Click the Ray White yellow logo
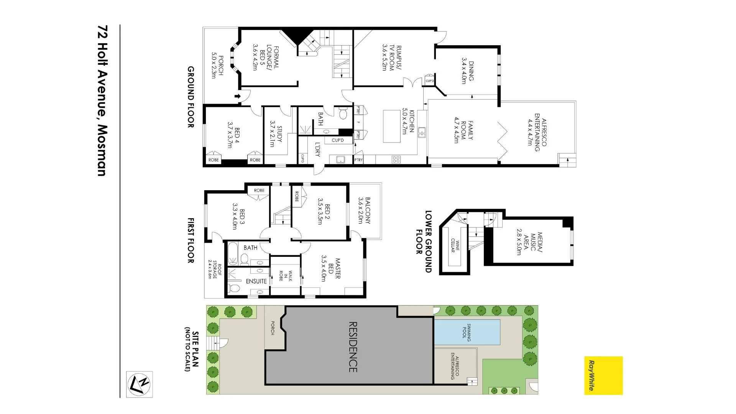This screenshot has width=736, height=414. tap(603, 375)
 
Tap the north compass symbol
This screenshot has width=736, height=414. tap(140, 384)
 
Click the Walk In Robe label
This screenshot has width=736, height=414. tap(286, 276)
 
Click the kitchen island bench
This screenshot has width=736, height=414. tap(391, 126)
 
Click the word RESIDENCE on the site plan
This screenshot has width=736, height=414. tap(353, 347)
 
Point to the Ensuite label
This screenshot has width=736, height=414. tap(256, 281)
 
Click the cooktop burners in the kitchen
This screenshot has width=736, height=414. tap(396, 159)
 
